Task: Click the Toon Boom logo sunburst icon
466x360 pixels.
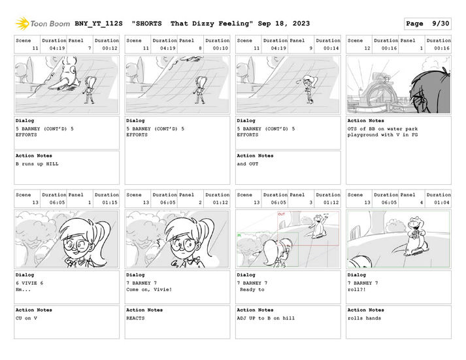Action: click(x=22, y=24)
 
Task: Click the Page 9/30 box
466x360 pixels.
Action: click(x=427, y=24)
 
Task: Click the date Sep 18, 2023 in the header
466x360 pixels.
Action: click(x=284, y=24)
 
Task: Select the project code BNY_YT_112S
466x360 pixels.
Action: click(x=99, y=24)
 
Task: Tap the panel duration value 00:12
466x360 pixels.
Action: click(x=110, y=48)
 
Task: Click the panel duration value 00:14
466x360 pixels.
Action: click(x=331, y=48)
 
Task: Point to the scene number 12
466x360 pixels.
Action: click(x=367, y=48)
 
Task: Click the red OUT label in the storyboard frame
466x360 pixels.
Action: click(x=281, y=214)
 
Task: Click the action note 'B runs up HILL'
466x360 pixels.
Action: click(x=37, y=164)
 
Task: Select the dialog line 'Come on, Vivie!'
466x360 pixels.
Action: click(x=149, y=289)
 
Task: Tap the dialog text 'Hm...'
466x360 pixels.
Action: click(x=23, y=289)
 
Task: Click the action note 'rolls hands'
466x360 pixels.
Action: click(x=364, y=318)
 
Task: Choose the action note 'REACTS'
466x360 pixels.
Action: click(x=135, y=318)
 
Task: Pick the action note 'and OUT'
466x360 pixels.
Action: click(x=248, y=164)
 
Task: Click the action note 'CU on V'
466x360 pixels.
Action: click(x=26, y=318)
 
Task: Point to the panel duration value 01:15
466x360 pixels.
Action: click(x=110, y=203)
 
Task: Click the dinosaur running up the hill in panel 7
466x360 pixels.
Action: click(x=63, y=76)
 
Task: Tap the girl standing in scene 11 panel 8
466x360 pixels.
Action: click(x=201, y=90)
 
